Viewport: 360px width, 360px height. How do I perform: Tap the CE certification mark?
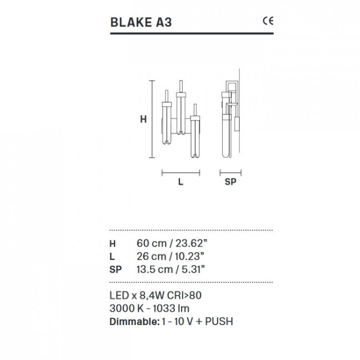coord(268,22)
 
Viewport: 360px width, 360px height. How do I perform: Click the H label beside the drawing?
coord(142,119)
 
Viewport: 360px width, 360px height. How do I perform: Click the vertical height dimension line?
coord(152,119)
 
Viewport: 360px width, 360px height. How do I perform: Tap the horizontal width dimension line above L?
coord(181,173)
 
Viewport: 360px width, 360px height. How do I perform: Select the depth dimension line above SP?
coord(231,173)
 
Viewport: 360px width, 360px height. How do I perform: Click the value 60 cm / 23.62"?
coord(171,244)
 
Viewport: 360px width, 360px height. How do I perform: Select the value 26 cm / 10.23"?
coord(171,256)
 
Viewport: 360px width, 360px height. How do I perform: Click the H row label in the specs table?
coord(113,244)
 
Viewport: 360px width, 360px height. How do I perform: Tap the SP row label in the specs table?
coord(115,269)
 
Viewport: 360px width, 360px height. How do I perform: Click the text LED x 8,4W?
coord(135,296)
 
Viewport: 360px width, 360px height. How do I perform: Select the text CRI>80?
coord(182,296)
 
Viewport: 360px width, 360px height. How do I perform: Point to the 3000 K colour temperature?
coord(125,308)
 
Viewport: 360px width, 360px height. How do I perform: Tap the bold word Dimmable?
coord(133,322)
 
